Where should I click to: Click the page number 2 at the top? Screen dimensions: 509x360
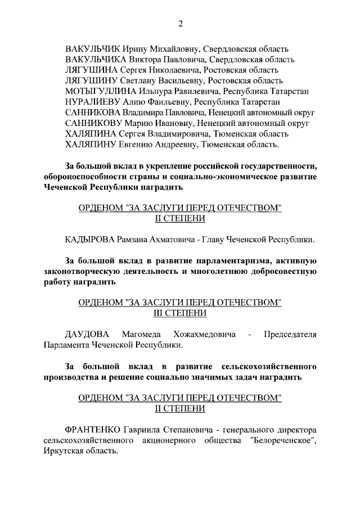pos(181,23)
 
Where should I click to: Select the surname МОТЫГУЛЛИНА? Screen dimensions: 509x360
pos(100,91)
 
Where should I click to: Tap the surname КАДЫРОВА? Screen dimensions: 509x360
pos(90,240)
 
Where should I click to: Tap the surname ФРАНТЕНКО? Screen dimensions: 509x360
pos(94,430)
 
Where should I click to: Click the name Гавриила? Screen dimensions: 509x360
pos(148,430)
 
